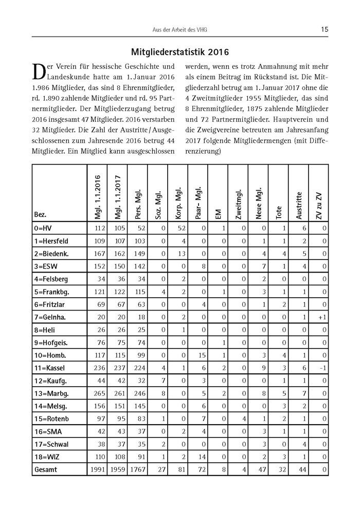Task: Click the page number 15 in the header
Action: tap(325, 29)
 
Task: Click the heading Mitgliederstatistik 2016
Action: tap(180, 52)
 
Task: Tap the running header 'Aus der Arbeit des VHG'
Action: tap(179, 30)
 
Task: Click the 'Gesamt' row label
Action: tap(46, 469)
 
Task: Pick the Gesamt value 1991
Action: tap(97, 469)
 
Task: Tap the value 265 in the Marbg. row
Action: tap(98, 393)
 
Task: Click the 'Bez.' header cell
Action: tap(40, 214)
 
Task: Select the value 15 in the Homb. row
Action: tap(201, 355)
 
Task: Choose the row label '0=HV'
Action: tap(43, 228)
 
